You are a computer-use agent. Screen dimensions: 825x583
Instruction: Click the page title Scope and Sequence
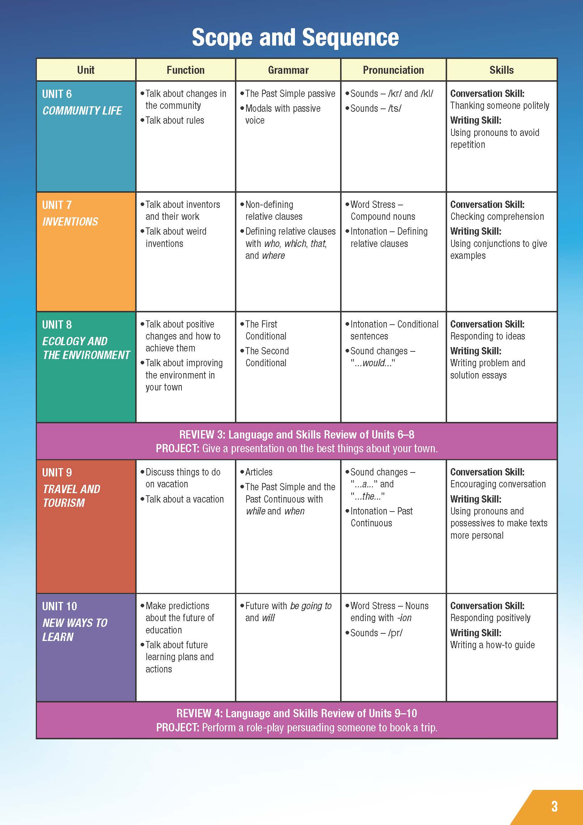point(295,38)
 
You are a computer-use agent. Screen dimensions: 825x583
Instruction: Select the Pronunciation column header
point(393,70)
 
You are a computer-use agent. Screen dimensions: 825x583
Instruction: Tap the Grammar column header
point(288,70)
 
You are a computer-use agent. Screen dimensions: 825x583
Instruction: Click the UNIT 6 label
point(57,94)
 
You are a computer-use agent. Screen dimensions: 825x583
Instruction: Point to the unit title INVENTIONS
point(70,222)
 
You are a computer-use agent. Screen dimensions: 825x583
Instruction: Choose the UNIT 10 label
point(60,606)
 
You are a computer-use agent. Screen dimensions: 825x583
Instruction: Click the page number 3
point(554,806)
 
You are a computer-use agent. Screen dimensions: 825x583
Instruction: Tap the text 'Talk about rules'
point(175,120)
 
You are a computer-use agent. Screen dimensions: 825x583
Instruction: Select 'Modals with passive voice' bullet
point(283,114)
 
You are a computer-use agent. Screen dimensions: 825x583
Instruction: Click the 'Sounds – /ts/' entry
point(376,108)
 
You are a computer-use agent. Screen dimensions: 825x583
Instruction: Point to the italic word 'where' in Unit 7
point(274,256)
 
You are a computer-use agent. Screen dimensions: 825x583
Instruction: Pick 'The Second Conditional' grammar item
point(267,357)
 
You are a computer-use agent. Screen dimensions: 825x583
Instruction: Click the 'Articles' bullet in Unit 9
point(259,472)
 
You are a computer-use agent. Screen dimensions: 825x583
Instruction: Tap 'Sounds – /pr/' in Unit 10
point(376,633)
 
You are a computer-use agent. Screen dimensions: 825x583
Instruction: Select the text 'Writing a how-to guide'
point(492,645)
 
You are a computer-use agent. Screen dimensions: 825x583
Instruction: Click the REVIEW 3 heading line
point(296,435)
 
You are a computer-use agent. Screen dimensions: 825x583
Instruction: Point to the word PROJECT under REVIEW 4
point(177,728)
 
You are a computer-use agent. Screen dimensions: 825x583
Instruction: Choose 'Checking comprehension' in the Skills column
point(497,217)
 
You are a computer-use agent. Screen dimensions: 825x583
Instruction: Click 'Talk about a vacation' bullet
point(184,499)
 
